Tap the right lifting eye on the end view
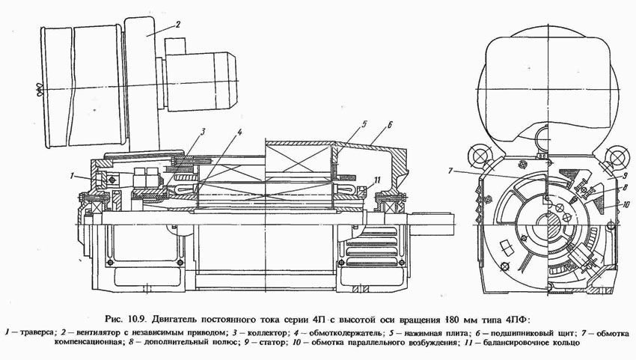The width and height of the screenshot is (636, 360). [x=617, y=157]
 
